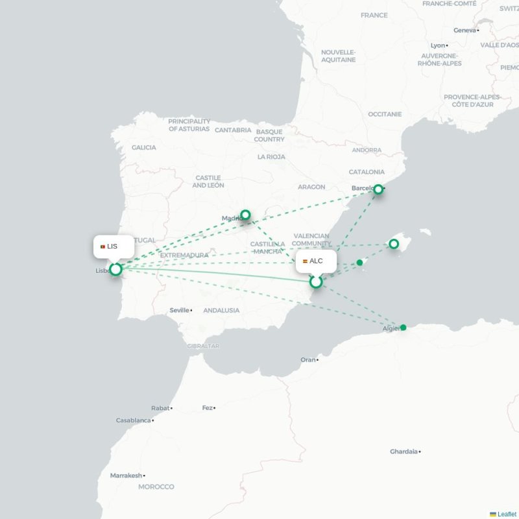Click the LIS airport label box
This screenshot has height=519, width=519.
[114, 247]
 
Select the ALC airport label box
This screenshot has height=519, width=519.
[317, 261]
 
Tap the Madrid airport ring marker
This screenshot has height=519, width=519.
[245, 215]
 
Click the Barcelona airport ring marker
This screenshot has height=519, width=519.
[378, 189]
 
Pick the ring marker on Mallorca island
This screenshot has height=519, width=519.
[393, 244]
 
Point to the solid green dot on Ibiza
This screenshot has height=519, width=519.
[359, 263]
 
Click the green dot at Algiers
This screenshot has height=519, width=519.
[403, 328]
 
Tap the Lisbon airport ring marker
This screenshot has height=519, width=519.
[115, 269]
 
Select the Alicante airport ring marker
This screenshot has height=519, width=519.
[316, 282]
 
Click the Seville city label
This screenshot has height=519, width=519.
[180, 310]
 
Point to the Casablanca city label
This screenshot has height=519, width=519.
[134, 420]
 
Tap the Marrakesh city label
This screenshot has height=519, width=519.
[126, 476]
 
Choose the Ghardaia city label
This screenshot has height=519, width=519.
[404, 452]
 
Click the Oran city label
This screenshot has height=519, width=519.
[308, 359]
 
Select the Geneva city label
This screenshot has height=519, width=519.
[465, 30]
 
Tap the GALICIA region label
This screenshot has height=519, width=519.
[143, 147]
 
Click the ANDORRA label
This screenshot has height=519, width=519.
[367, 150]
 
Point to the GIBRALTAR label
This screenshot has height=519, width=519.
[202, 346]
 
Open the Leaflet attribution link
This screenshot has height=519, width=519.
[507, 514]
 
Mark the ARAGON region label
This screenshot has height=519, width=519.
[311, 187]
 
